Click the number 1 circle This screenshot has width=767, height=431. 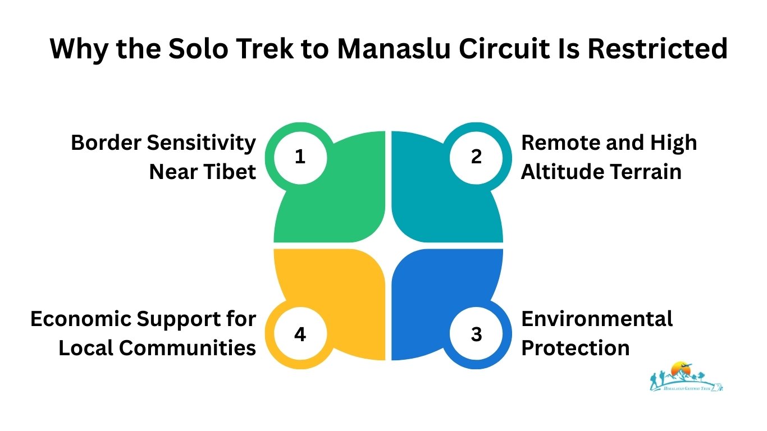pos(300,157)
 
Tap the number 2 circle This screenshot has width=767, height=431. pos(476,157)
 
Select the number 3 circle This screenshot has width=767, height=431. pos(476,334)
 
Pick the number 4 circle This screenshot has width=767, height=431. pos(300,334)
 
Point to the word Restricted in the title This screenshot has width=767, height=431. pos(658,49)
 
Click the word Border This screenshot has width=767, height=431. pos(105,143)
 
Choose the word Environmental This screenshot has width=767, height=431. pos(597,319)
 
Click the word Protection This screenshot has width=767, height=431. pos(576,348)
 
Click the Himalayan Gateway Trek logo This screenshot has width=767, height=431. pos(686,376)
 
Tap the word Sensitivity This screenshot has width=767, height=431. pos(201,143)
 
